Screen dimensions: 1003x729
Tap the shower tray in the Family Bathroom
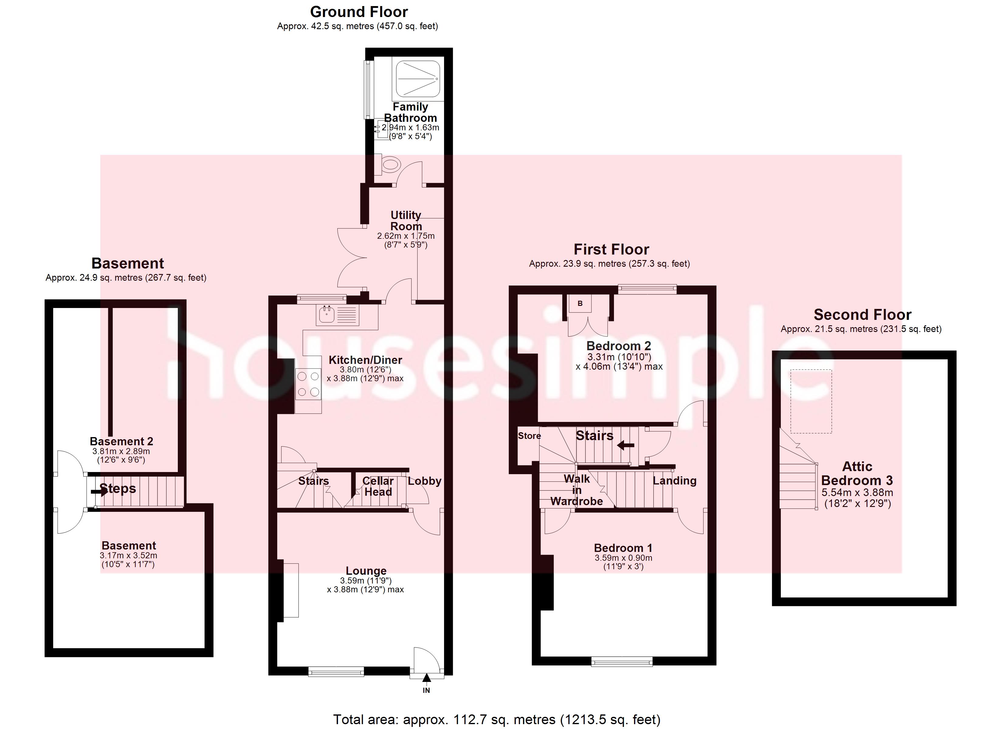click(x=418, y=79)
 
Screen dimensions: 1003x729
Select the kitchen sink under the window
click(x=327, y=314)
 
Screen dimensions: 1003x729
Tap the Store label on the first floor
click(x=529, y=436)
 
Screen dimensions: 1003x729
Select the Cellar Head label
click(x=378, y=486)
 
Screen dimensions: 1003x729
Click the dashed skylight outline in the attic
click(x=811, y=401)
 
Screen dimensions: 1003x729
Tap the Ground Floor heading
click(x=359, y=12)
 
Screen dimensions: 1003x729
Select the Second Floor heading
click(x=862, y=315)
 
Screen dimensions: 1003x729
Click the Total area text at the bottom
click(x=497, y=719)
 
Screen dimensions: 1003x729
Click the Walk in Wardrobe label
click(x=577, y=490)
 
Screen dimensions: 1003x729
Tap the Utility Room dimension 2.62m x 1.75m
click(x=405, y=236)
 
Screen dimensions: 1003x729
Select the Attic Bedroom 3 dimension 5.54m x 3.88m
click(x=857, y=492)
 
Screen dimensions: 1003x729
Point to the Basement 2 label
click(x=122, y=441)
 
